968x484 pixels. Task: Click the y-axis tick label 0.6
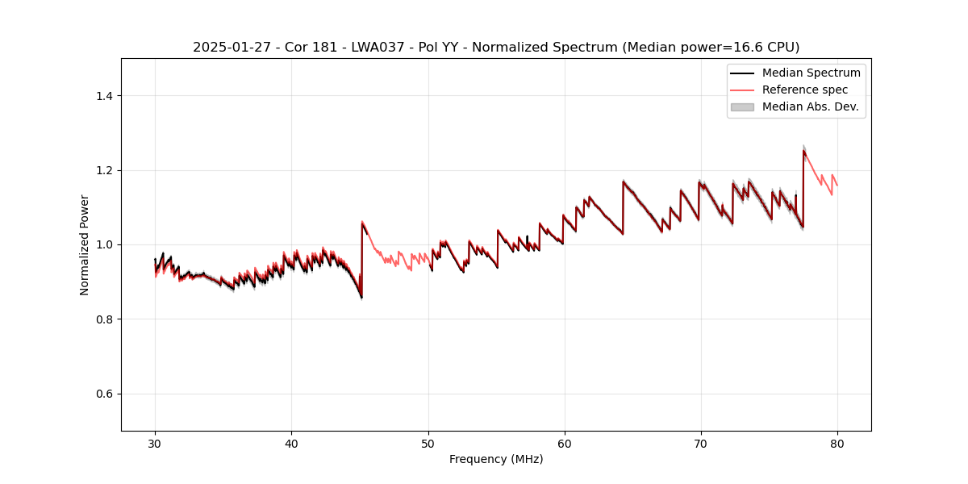(104, 394)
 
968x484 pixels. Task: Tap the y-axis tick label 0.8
(104, 319)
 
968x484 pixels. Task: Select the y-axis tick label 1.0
(104, 244)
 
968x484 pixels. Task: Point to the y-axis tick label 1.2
(104, 170)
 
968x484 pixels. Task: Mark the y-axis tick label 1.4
(104, 96)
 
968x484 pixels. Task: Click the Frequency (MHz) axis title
(496, 459)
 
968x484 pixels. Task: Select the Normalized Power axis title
(85, 244)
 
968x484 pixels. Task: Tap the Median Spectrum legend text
(811, 73)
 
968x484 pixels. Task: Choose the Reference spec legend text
(805, 90)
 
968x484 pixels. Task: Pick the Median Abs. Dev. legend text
(810, 106)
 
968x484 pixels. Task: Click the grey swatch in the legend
(742, 106)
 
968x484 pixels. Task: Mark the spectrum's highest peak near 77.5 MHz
(803, 150)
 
